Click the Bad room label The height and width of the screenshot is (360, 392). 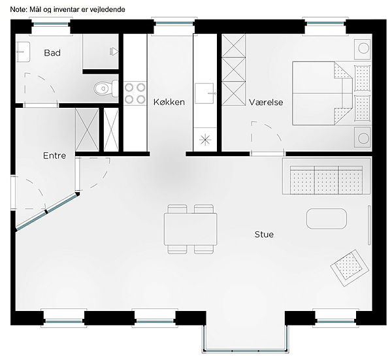52,53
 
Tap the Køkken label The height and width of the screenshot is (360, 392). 169,102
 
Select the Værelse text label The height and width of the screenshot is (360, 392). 266,102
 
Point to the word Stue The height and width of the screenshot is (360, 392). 264,235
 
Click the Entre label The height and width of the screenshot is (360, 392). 54,155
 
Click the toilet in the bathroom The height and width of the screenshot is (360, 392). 106,88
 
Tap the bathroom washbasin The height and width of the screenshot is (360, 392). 23,52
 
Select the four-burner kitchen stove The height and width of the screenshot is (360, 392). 135,93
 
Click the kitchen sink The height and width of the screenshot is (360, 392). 204,93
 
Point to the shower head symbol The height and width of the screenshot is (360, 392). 114,52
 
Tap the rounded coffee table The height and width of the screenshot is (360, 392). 327,219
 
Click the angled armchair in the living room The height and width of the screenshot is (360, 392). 350,268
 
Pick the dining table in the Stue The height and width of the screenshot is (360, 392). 191,229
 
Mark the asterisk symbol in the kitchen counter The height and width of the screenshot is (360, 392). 205,140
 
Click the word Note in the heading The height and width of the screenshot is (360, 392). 18,10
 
